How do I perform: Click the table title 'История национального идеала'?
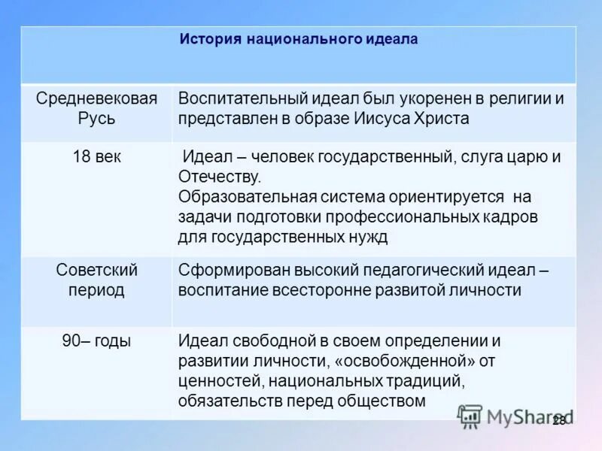tap(298, 38)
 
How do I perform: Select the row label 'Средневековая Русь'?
tap(96, 109)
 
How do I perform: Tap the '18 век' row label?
tap(96, 157)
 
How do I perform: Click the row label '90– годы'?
tap(96, 341)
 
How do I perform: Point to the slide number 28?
tap(559, 421)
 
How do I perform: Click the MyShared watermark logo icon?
tap(470, 416)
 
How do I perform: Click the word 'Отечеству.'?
tap(220, 177)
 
